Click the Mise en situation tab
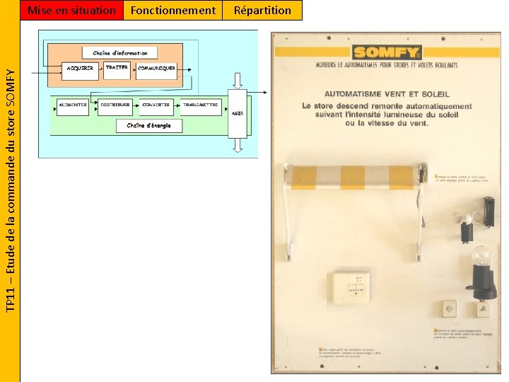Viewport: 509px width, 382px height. click(x=71, y=10)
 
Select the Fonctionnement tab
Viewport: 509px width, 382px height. click(x=173, y=10)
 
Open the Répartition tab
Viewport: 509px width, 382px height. click(x=262, y=10)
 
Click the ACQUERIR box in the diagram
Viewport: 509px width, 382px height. click(x=81, y=69)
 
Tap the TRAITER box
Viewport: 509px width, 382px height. click(x=117, y=68)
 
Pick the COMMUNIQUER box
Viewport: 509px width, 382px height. click(x=156, y=69)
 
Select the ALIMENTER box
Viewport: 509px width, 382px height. click(x=73, y=105)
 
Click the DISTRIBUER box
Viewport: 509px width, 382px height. click(x=115, y=105)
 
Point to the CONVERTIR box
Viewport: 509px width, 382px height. click(x=156, y=105)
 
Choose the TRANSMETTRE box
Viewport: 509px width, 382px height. click(x=200, y=105)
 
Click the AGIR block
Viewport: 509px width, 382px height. click(x=238, y=113)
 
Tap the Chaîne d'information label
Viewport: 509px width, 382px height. click(x=120, y=53)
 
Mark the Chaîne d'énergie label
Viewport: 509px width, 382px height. click(x=148, y=125)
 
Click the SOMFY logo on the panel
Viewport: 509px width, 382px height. click(x=387, y=52)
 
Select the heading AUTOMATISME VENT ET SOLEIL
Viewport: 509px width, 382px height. click(x=387, y=93)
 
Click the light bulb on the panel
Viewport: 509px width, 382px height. click(x=481, y=258)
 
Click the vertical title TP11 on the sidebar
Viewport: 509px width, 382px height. click(x=10, y=191)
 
